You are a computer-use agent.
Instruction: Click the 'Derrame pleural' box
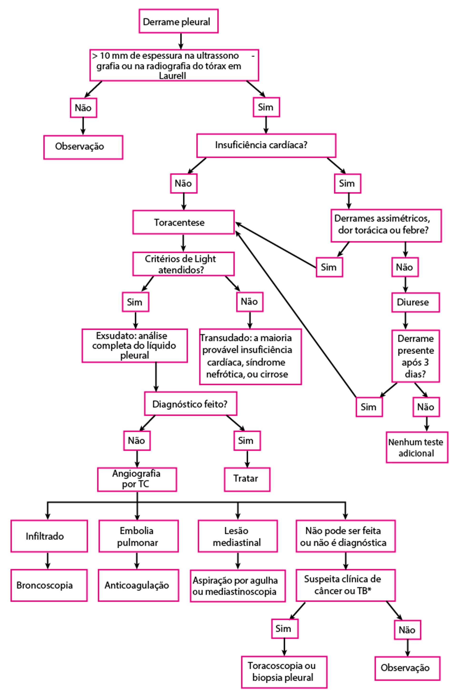coord(178,21)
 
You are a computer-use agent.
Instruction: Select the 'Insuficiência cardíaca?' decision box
coord(266,145)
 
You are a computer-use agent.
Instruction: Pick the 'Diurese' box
coord(415,302)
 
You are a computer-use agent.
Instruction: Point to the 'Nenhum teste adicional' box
coord(417,447)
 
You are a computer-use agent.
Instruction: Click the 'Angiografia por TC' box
coord(137,479)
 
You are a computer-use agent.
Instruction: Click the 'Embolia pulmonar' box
coord(138,536)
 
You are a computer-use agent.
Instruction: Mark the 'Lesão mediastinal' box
coord(238,536)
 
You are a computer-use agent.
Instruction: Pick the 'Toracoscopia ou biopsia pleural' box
coord(284,672)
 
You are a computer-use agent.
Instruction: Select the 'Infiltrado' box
coord(49,536)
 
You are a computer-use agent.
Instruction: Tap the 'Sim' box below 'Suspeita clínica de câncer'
coord(284,629)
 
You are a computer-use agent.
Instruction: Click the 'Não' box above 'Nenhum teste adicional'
coord(426,407)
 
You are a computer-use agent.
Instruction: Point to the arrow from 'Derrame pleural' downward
coord(181,41)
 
